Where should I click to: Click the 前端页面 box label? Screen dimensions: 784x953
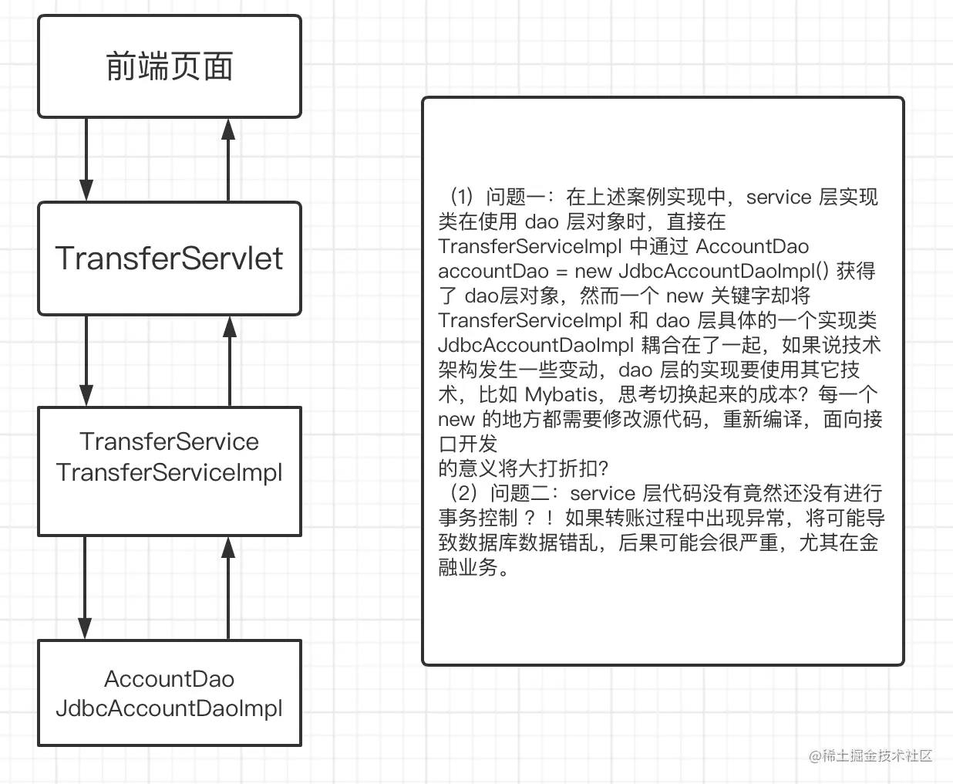[x=169, y=67]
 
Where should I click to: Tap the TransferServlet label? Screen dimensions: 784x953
[x=169, y=259]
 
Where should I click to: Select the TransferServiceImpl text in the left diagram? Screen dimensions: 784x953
[x=169, y=472]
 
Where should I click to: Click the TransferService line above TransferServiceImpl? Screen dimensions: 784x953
[x=169, y=441]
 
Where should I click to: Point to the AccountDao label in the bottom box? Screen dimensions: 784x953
[x=169, y=679]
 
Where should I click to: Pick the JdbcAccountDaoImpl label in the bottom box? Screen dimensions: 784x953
[x=169, y=708]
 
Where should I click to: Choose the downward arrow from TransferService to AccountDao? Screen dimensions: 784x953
[x=85, y=587]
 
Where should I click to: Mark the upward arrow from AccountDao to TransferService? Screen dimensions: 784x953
[x=228, y=587]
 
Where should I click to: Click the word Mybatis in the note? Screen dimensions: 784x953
[x=561, y=394]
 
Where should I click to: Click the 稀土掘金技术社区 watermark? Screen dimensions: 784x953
[x=877, y=755]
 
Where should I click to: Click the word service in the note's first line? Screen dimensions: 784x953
[x=779, y=197]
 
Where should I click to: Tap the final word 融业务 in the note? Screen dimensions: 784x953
[x=468, y=567]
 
